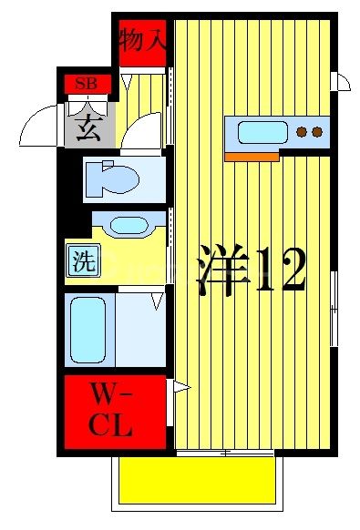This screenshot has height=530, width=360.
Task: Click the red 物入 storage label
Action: (143, 41)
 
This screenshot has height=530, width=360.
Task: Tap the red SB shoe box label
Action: (87, 85)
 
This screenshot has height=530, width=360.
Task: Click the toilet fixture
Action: (111, 178)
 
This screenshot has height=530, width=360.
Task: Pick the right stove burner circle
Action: (317, 132)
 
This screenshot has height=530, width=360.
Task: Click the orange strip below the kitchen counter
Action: (251, 157)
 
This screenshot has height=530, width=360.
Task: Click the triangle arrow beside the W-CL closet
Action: (180, 389)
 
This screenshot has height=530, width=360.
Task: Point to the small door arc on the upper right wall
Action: (343, 82)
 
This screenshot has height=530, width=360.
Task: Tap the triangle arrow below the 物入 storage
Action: (127, 82)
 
